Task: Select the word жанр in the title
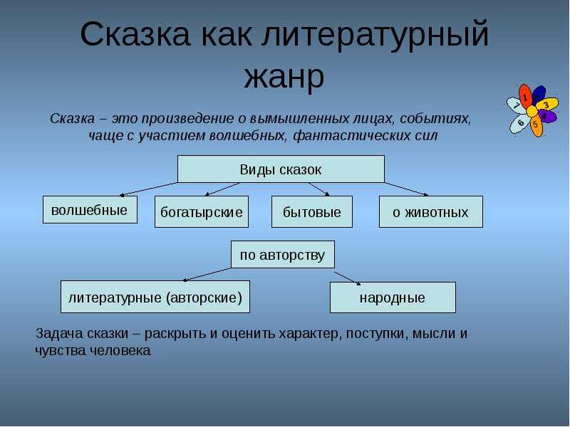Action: tap(284, 77)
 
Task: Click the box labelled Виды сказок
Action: tap(281, 169)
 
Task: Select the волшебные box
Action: tap(90, 210)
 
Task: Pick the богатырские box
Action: tap(202, 212)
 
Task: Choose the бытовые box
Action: tap(312, 212)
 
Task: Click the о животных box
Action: tap(430, 212)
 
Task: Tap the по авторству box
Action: tap(282, 254)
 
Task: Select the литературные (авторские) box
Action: tap(155, 297)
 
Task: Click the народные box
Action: tap(393, 297)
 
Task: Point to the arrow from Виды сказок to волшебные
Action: tap(150, 189)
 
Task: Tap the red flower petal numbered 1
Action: tap(525, 97)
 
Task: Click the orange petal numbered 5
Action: tap(535, 125)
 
